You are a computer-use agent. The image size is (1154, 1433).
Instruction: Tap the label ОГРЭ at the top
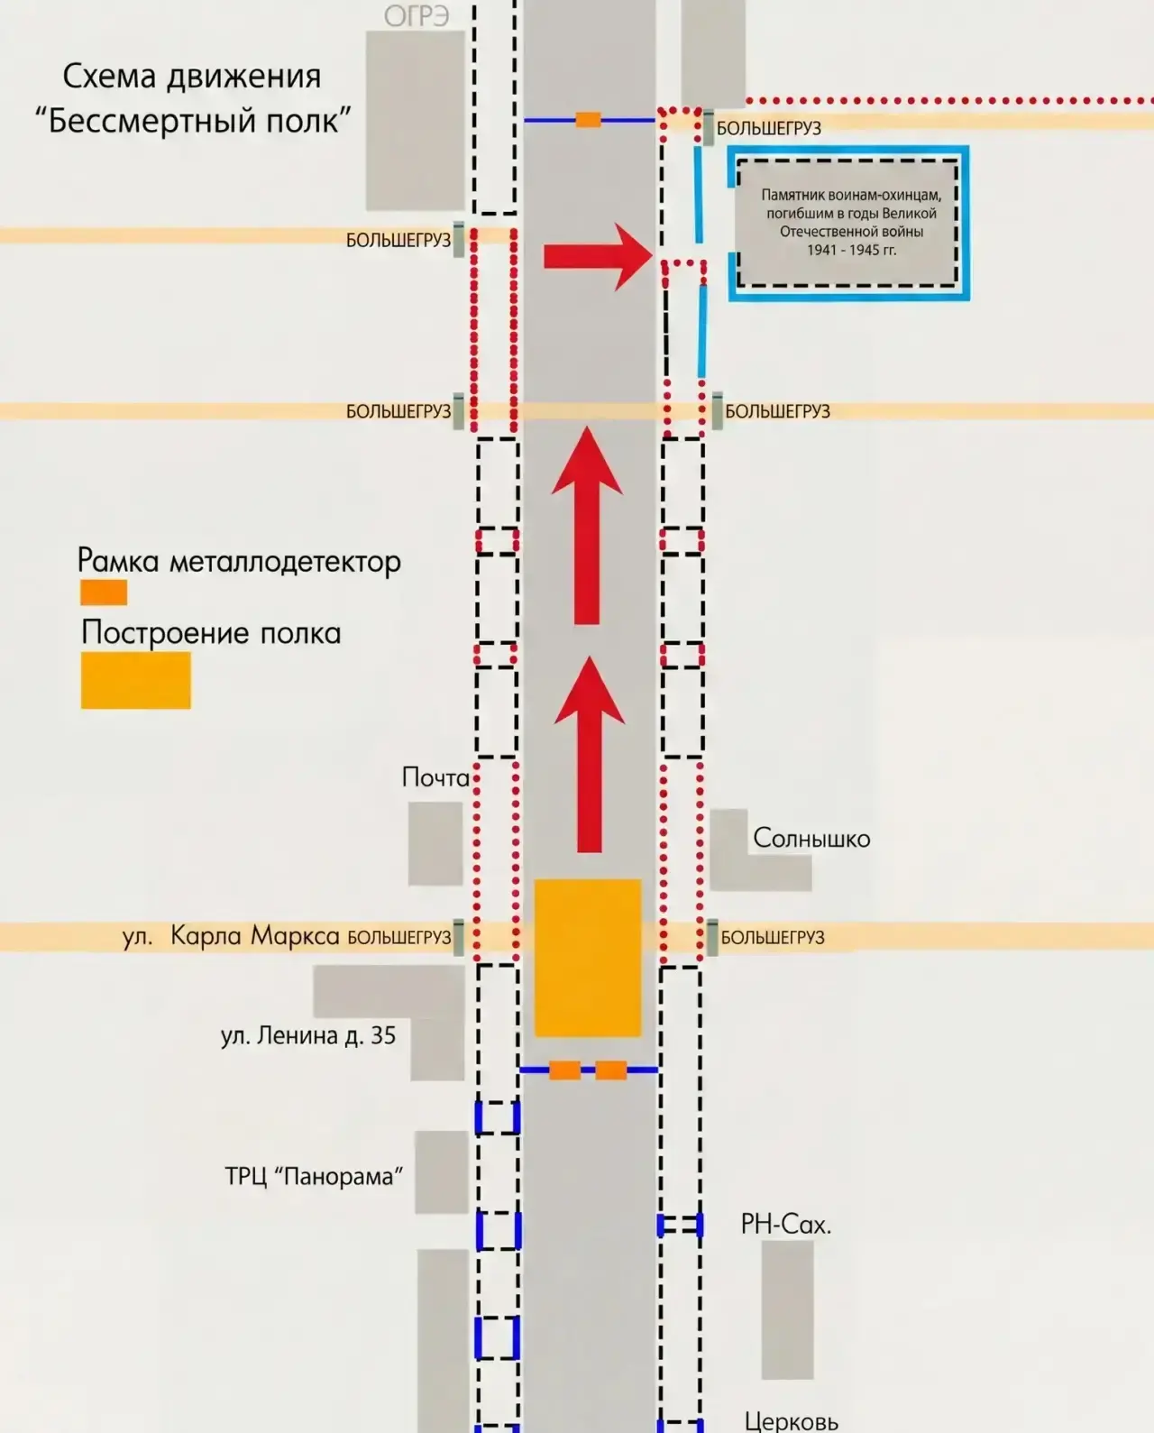click(417, 16)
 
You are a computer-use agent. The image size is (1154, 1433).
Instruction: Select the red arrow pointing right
click(598, 256)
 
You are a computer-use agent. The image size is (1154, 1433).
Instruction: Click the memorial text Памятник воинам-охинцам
click(851, 195)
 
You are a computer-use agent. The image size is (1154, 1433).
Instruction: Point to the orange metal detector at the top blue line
click(588, 120)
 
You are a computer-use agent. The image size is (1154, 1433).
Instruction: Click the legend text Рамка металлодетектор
click(239, 561)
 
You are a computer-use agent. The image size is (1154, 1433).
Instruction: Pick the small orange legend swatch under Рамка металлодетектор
click(104, 592)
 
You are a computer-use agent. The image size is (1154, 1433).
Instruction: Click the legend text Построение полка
click(211, 632)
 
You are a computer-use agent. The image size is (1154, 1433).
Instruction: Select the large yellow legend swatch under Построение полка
click(136, 680)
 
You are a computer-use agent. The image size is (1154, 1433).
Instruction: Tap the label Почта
click(435, 777)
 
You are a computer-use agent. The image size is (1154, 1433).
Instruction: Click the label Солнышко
click(811, 839)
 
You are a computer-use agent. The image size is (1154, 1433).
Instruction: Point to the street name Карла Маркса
click(255, 935)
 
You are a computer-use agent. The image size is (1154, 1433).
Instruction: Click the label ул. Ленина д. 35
click(308, 1035)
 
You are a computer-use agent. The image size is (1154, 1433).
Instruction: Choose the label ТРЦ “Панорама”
click(314, 1177)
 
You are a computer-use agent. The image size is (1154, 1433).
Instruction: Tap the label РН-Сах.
click(786, 1224)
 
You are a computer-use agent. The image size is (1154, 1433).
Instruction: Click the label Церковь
click(791, 1421)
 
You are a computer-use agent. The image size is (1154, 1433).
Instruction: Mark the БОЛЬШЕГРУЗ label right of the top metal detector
click(768, 129)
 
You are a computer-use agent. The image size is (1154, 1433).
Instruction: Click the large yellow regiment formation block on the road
click(588, 958)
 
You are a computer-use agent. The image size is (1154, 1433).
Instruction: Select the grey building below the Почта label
click(435, 844)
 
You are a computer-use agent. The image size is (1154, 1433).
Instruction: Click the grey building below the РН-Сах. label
click(788, 1309)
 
